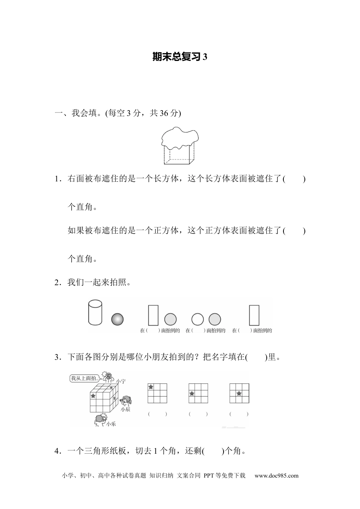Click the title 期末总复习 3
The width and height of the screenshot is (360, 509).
(x=180, y=57)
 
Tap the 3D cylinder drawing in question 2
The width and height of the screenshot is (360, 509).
(x=95, y=312)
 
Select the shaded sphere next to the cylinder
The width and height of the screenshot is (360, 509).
(x=117, y=319)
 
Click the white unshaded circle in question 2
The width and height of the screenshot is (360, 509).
(x=197, y=319)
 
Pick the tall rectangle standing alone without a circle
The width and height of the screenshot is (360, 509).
(x=254, y=315)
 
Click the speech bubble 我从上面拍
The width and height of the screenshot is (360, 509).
(x=85, y=378)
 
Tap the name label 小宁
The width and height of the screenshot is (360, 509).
(x=121, y=381)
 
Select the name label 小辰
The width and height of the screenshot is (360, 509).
(x=125, y=409)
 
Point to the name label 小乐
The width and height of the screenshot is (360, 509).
(x=111, y=424)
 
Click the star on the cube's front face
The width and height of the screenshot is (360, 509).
(x=93, y=396)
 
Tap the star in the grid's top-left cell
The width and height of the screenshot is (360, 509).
(x=150, y=387)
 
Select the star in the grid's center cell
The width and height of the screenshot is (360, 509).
(x=239, y=393)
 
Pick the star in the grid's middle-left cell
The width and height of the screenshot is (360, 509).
(x=192, y=393)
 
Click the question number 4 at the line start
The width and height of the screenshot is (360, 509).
(x=57, y=451)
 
